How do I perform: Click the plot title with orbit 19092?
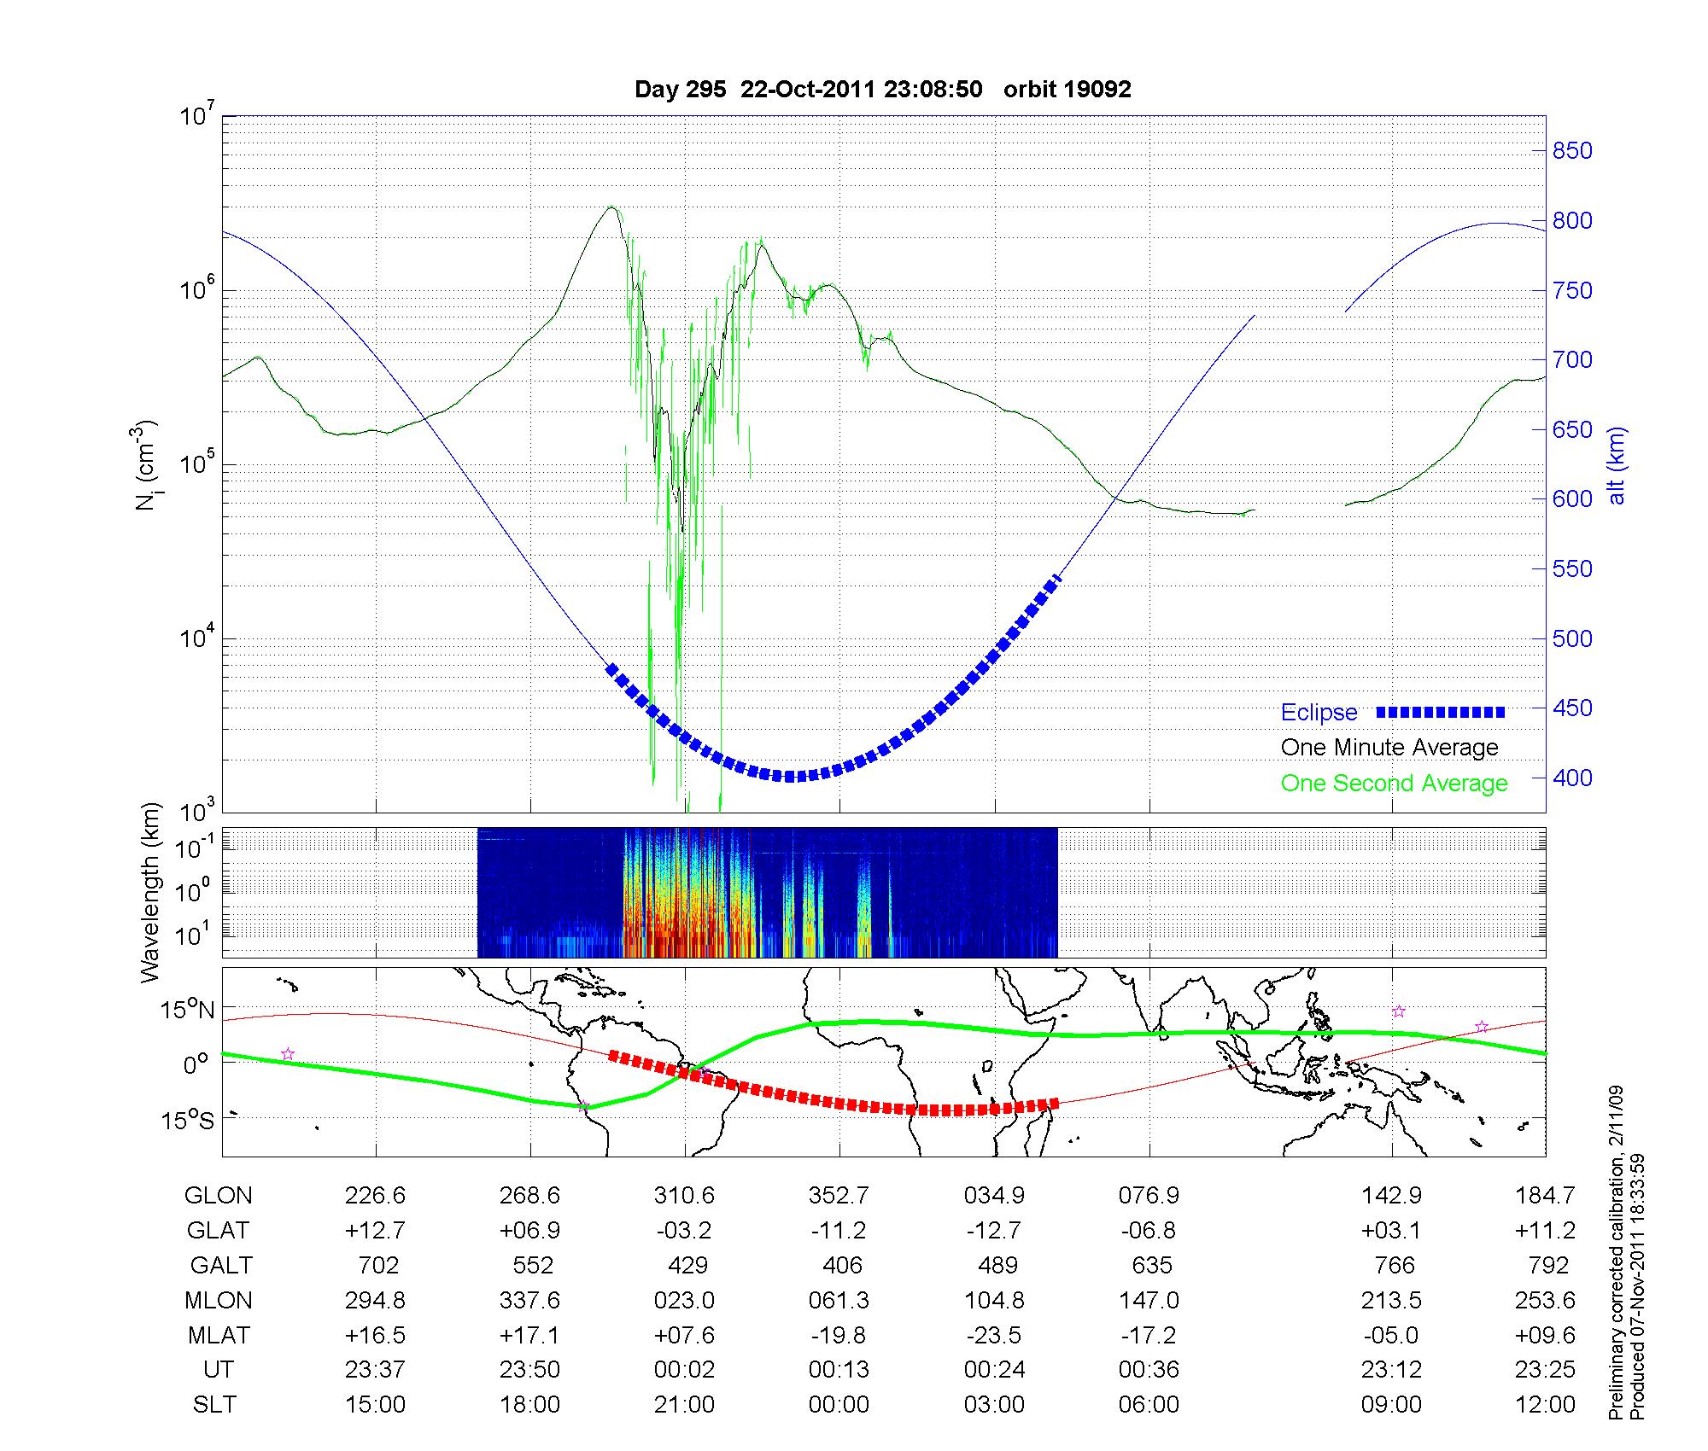(883, 90)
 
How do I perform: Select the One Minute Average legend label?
(1389, 748)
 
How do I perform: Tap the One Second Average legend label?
(1394, 784)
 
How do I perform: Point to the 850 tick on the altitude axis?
(1572, 151)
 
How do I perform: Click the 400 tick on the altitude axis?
(1572, 778)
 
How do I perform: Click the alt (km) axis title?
(1617, 465)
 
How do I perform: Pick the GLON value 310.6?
(685, 1195)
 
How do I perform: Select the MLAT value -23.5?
(995, 1335)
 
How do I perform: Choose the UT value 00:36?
(1149, 1370)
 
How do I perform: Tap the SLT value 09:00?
(1392, 1405)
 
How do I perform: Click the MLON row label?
(219, 1300)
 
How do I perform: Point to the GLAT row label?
(219, 1230)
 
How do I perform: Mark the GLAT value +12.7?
(375, 1230)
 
